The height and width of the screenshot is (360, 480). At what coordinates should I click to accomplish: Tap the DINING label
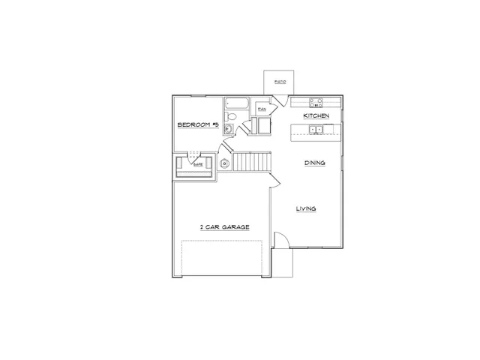[314, 163]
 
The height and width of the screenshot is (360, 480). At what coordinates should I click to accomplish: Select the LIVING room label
[304, 208]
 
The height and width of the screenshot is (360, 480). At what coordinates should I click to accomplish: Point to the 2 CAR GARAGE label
[224, 226]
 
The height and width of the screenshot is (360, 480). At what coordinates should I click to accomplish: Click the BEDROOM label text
[197, 125]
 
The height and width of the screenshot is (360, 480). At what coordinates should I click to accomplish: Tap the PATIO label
[279, 81]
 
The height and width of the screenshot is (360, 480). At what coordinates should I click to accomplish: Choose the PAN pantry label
[262, 109]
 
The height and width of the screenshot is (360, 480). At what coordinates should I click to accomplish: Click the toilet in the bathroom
[232, 116]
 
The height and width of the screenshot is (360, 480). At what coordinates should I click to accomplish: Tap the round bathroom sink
[228, 128]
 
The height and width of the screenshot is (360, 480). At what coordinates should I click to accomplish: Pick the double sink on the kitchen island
[317, 130]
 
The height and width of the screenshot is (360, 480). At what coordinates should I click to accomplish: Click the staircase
[250, 160]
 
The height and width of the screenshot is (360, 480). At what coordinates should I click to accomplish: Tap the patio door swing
[279, 100]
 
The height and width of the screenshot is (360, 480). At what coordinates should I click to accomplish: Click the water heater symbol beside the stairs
[223, 163]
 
